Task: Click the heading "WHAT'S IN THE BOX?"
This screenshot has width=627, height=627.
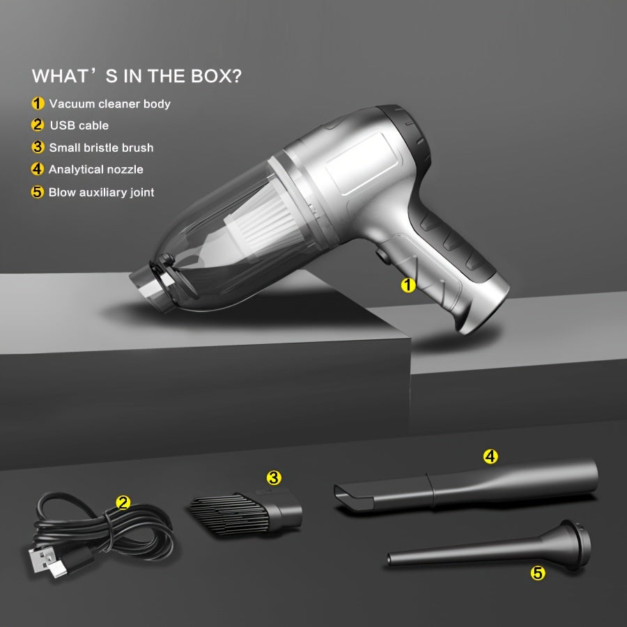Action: (x=137, y=76)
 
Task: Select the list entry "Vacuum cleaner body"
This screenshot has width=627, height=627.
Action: (x=109, y=104)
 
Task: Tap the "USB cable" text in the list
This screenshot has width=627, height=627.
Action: (x=79, y=125)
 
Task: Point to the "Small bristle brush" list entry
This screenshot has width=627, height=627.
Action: (x=101, y=148)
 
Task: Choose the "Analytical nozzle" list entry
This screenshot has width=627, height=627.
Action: (x=96, y=169)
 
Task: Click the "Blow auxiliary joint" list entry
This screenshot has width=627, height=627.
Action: (x=101, y=192)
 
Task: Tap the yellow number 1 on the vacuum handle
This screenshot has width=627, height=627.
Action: (x=408, y=285)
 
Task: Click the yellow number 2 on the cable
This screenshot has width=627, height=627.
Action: (x=123, y=502)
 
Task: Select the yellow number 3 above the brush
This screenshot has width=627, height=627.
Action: (x=274, y=478)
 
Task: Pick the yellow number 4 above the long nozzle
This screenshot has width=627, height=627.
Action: (x=490, y=457)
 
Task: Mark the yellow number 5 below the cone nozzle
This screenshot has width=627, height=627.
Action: (x=538, y=573)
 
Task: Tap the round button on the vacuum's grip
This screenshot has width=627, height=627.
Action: (x=381, y=256)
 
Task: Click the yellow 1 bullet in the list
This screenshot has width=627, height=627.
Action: (x=38, y=104)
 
